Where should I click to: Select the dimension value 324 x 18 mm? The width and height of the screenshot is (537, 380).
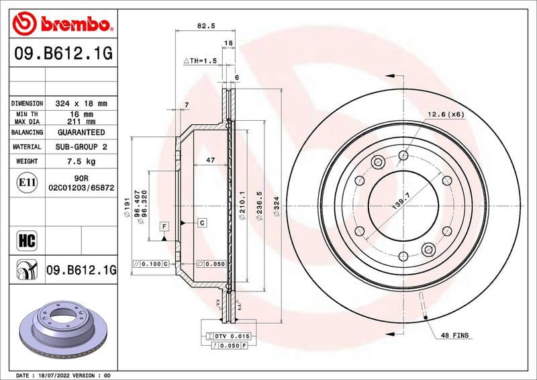[81, 103]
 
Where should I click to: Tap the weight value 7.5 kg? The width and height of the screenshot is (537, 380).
[81, 161]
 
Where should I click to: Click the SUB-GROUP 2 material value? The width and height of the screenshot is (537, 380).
[81, 146]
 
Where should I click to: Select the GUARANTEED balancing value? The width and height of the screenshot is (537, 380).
[81, 132]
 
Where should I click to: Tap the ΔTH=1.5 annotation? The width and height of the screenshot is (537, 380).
[200, 61]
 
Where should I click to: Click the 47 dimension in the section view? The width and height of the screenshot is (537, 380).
[209, 160]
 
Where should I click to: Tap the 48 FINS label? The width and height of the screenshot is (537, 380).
[455, 334]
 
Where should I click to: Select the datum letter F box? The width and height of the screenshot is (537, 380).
[163, 227]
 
